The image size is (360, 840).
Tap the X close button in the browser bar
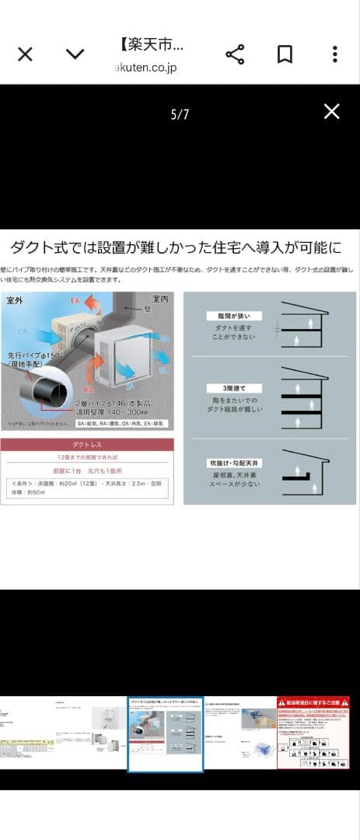pos(25,54)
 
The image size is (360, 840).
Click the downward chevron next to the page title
pos(75,54)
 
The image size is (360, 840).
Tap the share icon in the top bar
pos(235,54)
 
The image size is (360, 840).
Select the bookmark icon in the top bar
pos(285,54)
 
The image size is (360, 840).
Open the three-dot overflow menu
pos(334,54)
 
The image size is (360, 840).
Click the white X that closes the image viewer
pos(331,111)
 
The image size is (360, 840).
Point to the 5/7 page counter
pos(180,115)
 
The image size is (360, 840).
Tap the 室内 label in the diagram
pos(161,298)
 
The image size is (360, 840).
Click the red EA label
pos(76,299)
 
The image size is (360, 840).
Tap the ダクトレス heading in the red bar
pos(87,446)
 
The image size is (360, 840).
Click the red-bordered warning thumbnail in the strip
pos(313,733)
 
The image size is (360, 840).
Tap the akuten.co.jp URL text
pos(145,68)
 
